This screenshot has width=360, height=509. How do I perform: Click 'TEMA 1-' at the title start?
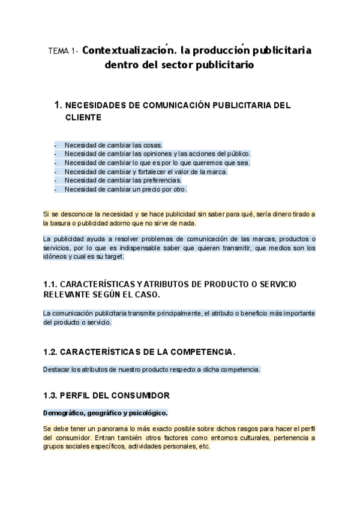click(x=62, y=52)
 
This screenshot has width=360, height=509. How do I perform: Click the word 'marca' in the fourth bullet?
click(x=214, y=172)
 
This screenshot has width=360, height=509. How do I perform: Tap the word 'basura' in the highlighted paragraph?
click(x=64, y=223)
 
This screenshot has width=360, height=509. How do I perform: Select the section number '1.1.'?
click(x=52, y=283)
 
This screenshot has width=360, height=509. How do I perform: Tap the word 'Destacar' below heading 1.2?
click(x=56, y=369)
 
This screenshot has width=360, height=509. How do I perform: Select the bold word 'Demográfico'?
click(x=64, y=413)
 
